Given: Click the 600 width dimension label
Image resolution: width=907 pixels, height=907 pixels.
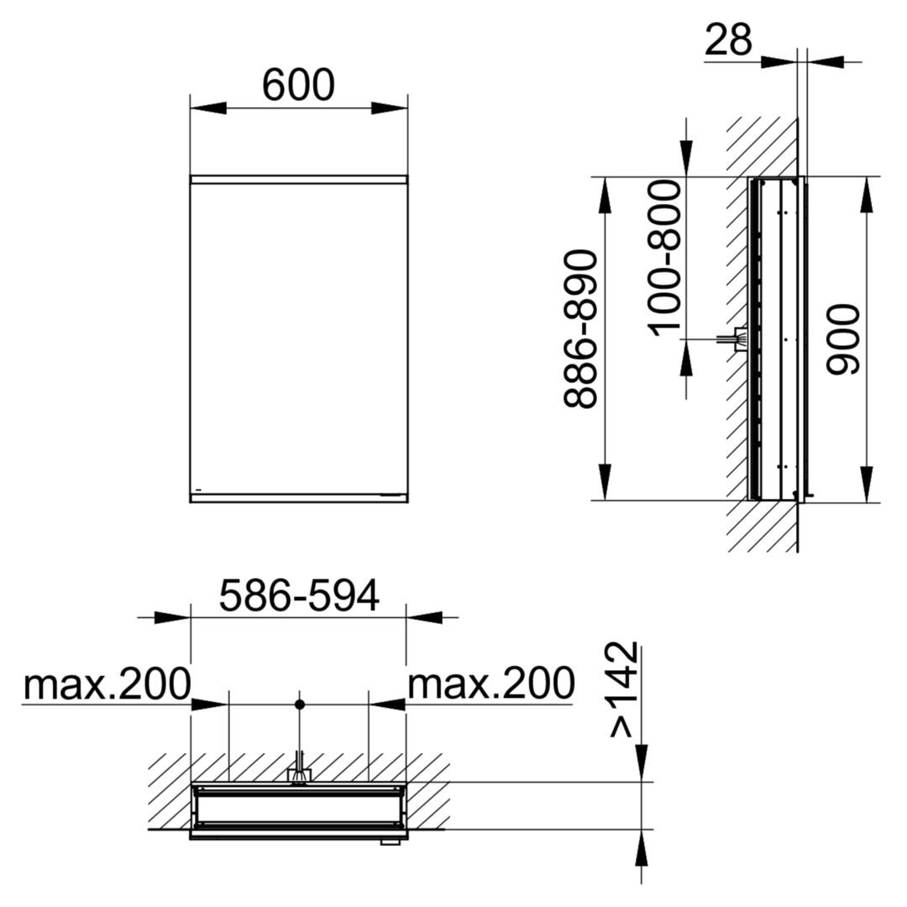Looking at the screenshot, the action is click(298, 85).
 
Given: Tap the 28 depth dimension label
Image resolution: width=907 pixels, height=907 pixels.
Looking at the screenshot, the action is click(729, 39).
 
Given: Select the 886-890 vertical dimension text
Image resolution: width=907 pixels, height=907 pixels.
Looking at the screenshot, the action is click(580, 329).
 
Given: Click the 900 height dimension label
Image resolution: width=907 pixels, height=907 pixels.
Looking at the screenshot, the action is click(843, 339).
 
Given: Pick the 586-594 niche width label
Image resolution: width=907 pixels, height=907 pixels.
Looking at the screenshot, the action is click(299, 595).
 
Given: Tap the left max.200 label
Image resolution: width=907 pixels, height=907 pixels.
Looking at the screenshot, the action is click(107, 684).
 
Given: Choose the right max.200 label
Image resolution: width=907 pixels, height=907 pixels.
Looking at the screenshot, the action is click(491, 684).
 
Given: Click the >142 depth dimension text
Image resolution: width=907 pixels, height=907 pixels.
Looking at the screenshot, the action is click(624, 689).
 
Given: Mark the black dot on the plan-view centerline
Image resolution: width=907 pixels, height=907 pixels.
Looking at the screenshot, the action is click(299, 704).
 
